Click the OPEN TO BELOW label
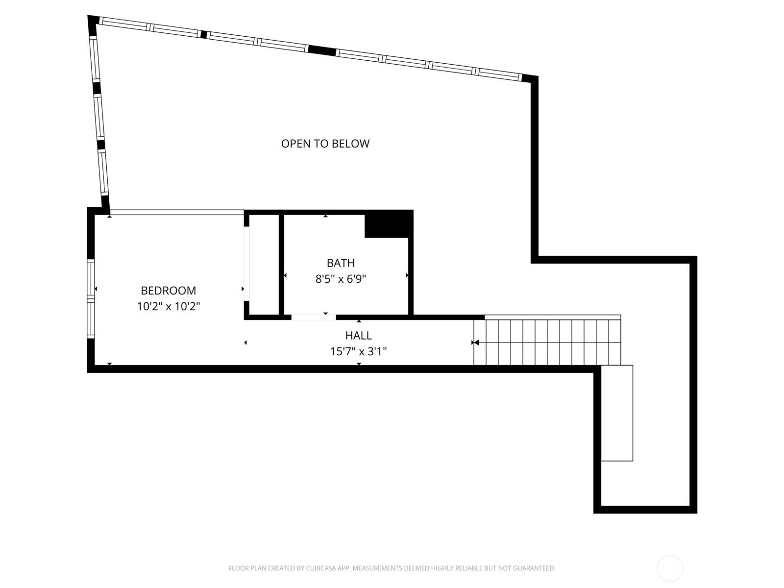point(325,144)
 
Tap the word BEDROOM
point(168,291)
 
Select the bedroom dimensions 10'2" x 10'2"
point(168,306)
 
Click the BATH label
point(341,263)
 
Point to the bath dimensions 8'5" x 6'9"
point(341,279)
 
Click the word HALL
point(358,335)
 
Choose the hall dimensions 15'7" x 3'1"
point(358,352)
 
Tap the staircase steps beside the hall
point(547,343)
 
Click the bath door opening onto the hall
point(313,317)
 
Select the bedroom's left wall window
point(91,299)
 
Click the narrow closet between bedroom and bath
point(264,265)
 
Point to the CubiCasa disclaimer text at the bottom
point(392,568)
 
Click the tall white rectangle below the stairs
point(617,413)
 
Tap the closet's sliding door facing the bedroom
point(246,264)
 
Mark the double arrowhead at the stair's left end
point(475,343)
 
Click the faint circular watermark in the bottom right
point(670,568)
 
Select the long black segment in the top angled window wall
point(322,50)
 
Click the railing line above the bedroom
point(176,213)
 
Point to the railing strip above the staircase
point(553,317)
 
